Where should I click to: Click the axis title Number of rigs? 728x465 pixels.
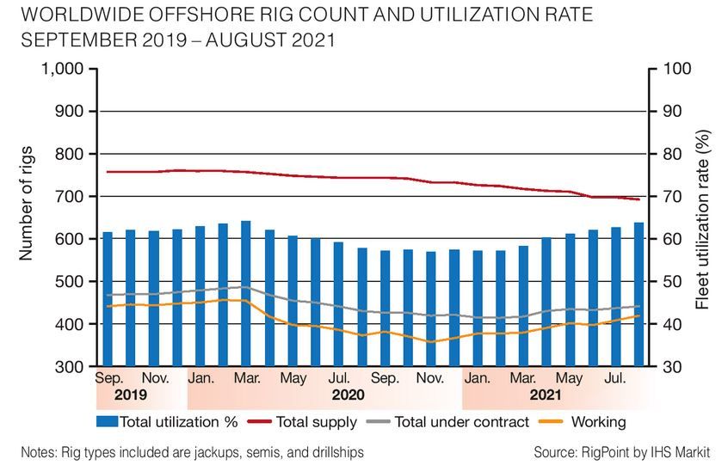pyautogui.click(x=26, y=204)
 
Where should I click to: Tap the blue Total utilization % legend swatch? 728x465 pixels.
pyautogui.click(x=108, y=422)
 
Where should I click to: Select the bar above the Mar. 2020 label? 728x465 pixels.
pyautogui.click(x=246, y=293)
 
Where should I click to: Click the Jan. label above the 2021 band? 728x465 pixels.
pyautogui.click(x=478, y=377)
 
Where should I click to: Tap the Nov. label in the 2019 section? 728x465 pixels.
pyautogui.click(x=155, y=377)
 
